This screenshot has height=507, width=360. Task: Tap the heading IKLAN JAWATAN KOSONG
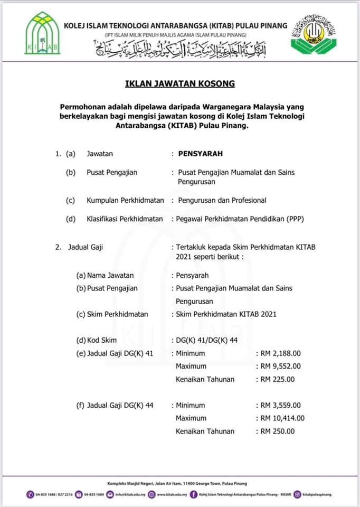coord(179,83)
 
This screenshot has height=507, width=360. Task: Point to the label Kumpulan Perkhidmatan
coord(125,200)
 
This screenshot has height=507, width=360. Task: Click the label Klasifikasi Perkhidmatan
coord(125,219)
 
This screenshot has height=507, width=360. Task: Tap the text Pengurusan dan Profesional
coord(222,200)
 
